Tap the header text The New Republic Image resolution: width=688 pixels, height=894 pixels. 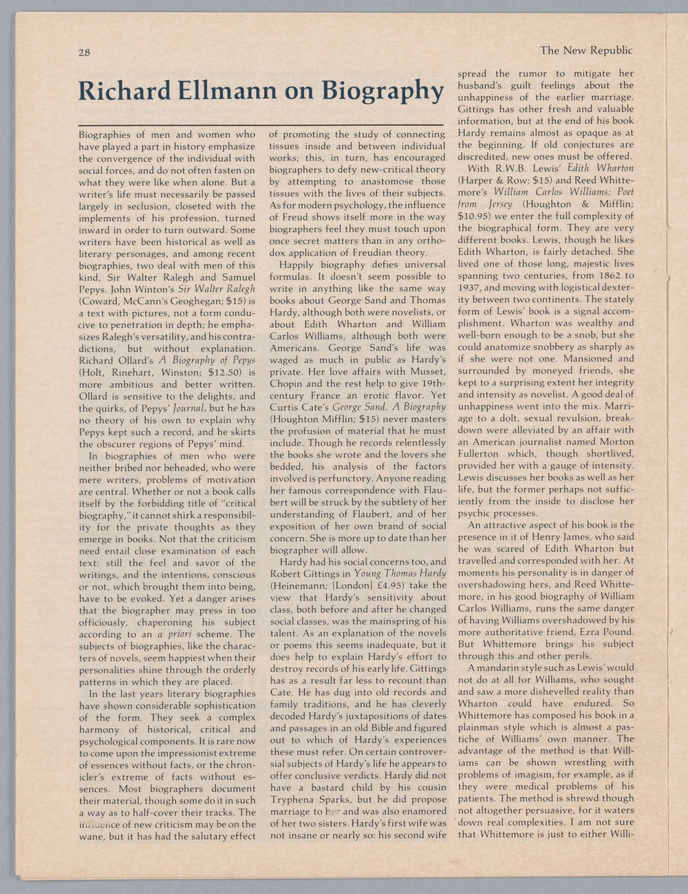(585, 50)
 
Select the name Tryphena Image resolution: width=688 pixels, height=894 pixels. (294, 800)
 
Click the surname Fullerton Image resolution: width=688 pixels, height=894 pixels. (480, 454)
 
